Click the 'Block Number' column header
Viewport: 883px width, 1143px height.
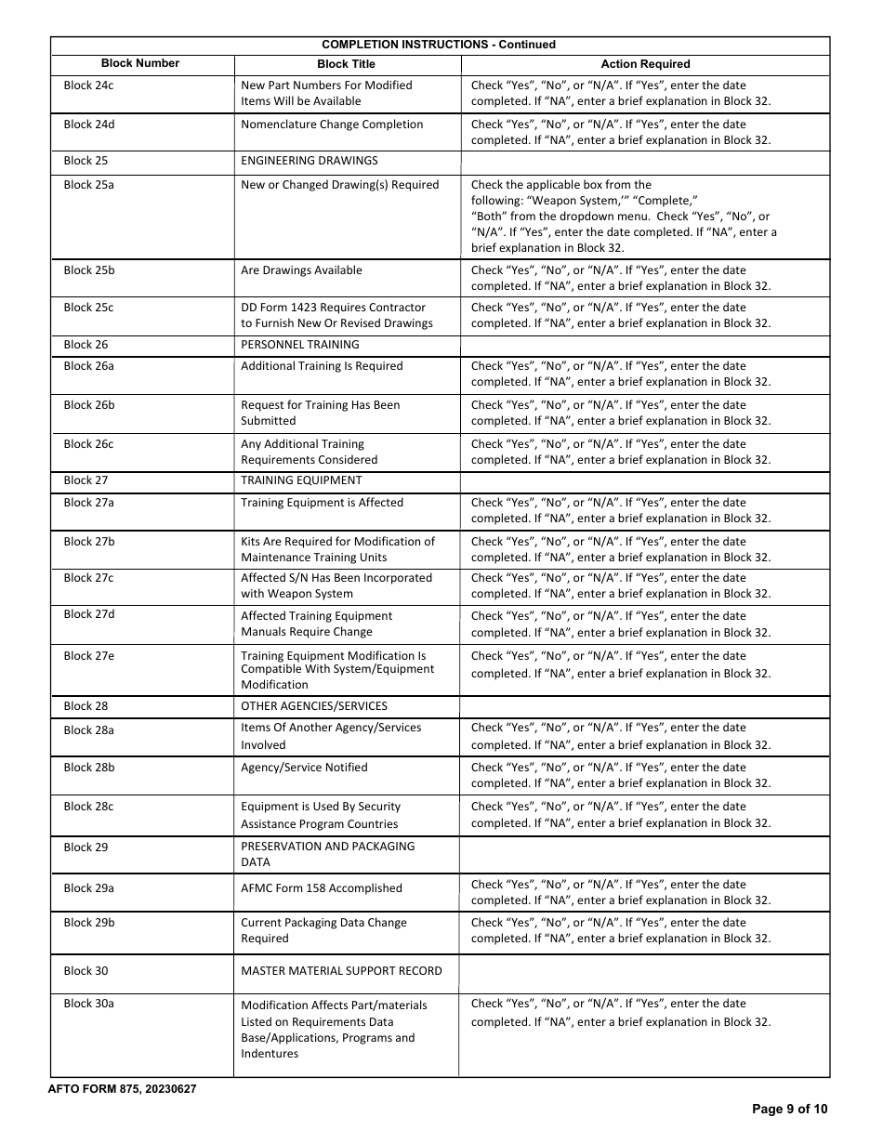point(140,63)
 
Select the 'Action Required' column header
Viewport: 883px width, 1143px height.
point(645,64)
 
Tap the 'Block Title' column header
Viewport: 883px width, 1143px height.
point(346,64)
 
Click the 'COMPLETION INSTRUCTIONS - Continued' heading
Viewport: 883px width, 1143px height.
point(439,45)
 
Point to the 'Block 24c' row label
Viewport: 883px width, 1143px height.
point(89,85)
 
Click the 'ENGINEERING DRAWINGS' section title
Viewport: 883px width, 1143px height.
point(310,161)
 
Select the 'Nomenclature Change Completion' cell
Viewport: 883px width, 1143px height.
point(332,125)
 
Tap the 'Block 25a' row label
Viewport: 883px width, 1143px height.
point(89,185)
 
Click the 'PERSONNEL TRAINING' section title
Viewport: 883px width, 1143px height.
point(300,345)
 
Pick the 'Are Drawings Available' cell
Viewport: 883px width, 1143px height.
point(302,270)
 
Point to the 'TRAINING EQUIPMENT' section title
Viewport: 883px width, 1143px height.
point(301,480)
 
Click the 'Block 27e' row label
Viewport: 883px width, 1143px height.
point(89,655)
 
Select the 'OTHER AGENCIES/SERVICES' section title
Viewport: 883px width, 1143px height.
point(314,706)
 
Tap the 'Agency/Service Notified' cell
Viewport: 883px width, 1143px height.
point(304,768)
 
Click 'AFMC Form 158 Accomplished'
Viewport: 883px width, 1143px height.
point(322,888)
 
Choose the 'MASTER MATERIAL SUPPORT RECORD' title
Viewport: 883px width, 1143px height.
point(341,971)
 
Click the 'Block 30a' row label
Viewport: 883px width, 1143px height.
point(89,1004)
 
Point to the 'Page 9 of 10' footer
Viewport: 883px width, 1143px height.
point(789,1109)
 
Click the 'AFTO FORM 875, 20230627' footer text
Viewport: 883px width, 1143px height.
point(122,1089)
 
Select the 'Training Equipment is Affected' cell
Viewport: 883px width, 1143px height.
point(322,503)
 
